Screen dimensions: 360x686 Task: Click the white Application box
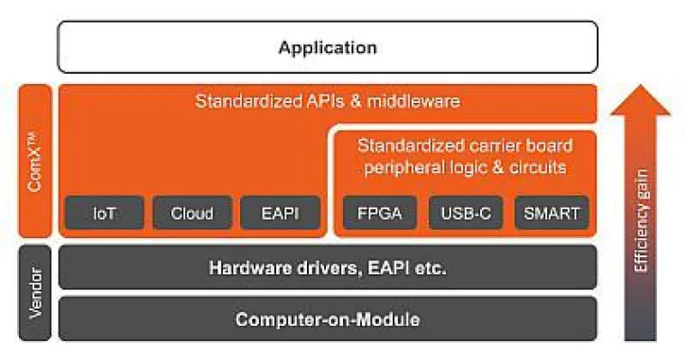[327, 47]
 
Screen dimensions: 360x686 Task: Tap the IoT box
[105, 213]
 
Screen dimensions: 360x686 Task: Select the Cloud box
[191, 213]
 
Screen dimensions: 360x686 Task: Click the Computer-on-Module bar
[327, 318]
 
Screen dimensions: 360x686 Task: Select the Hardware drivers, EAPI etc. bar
[327, 267]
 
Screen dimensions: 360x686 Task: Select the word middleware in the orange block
[416, 101]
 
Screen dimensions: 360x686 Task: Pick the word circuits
[536, 167]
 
